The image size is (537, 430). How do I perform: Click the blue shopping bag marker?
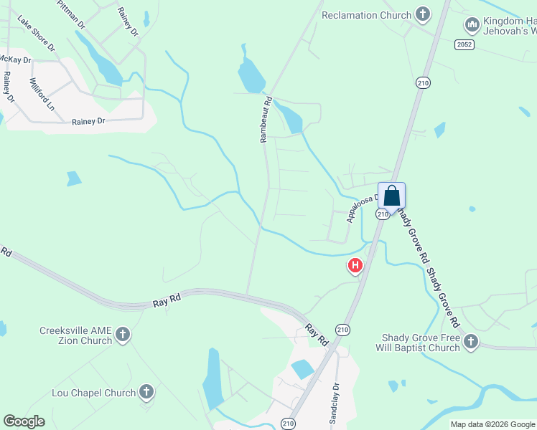click(x=391, y=195)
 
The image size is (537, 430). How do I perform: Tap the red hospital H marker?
click(x=355, y=266)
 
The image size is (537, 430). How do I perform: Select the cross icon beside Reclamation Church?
click(x=423, y=15)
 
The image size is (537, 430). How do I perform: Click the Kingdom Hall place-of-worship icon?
click(x=472, y=25)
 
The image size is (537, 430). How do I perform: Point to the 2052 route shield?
click(x=464, y=44)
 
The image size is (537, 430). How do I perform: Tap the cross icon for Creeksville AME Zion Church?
click(x=123, y=335)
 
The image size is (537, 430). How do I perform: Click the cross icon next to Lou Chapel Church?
click(x=146, y=392)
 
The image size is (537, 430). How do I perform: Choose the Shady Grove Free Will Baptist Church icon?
click(x=471, y=342)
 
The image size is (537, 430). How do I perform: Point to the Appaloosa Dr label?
click(x=363, y=207)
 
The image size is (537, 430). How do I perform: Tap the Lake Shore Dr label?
click(x=36, y=34)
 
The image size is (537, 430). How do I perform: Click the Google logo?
click(x=24, y=421)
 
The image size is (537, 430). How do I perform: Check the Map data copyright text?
click(x=492, y=424)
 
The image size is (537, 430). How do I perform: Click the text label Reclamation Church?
click(x=367, y=15)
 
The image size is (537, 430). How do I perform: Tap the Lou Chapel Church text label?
click(x=94, y=393)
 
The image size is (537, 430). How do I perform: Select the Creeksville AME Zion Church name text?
click(x=75, y=335)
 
